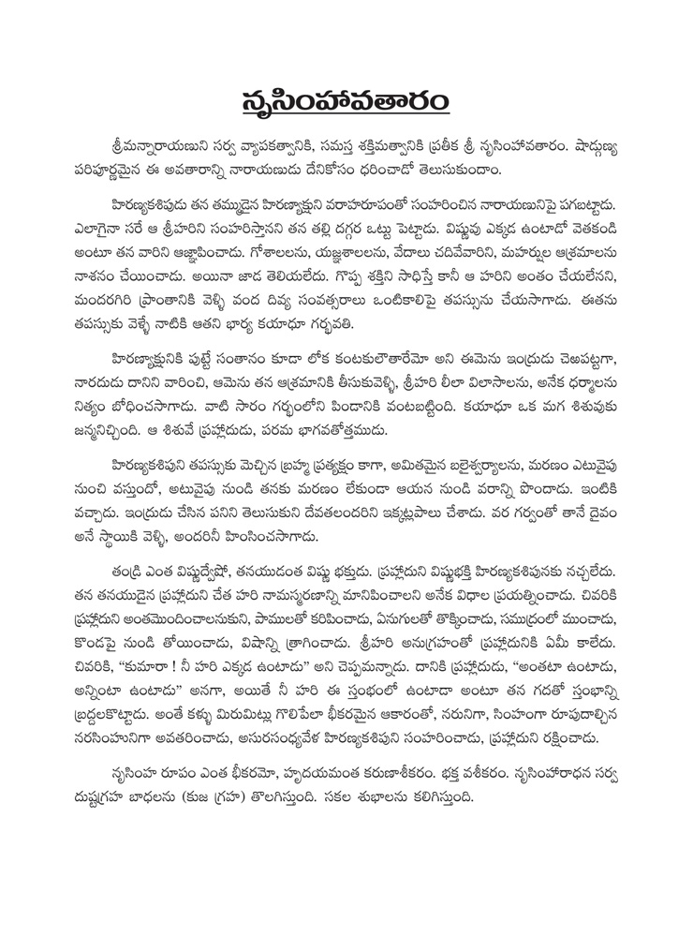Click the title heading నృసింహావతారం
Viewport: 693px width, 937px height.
(x=346, y=97)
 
